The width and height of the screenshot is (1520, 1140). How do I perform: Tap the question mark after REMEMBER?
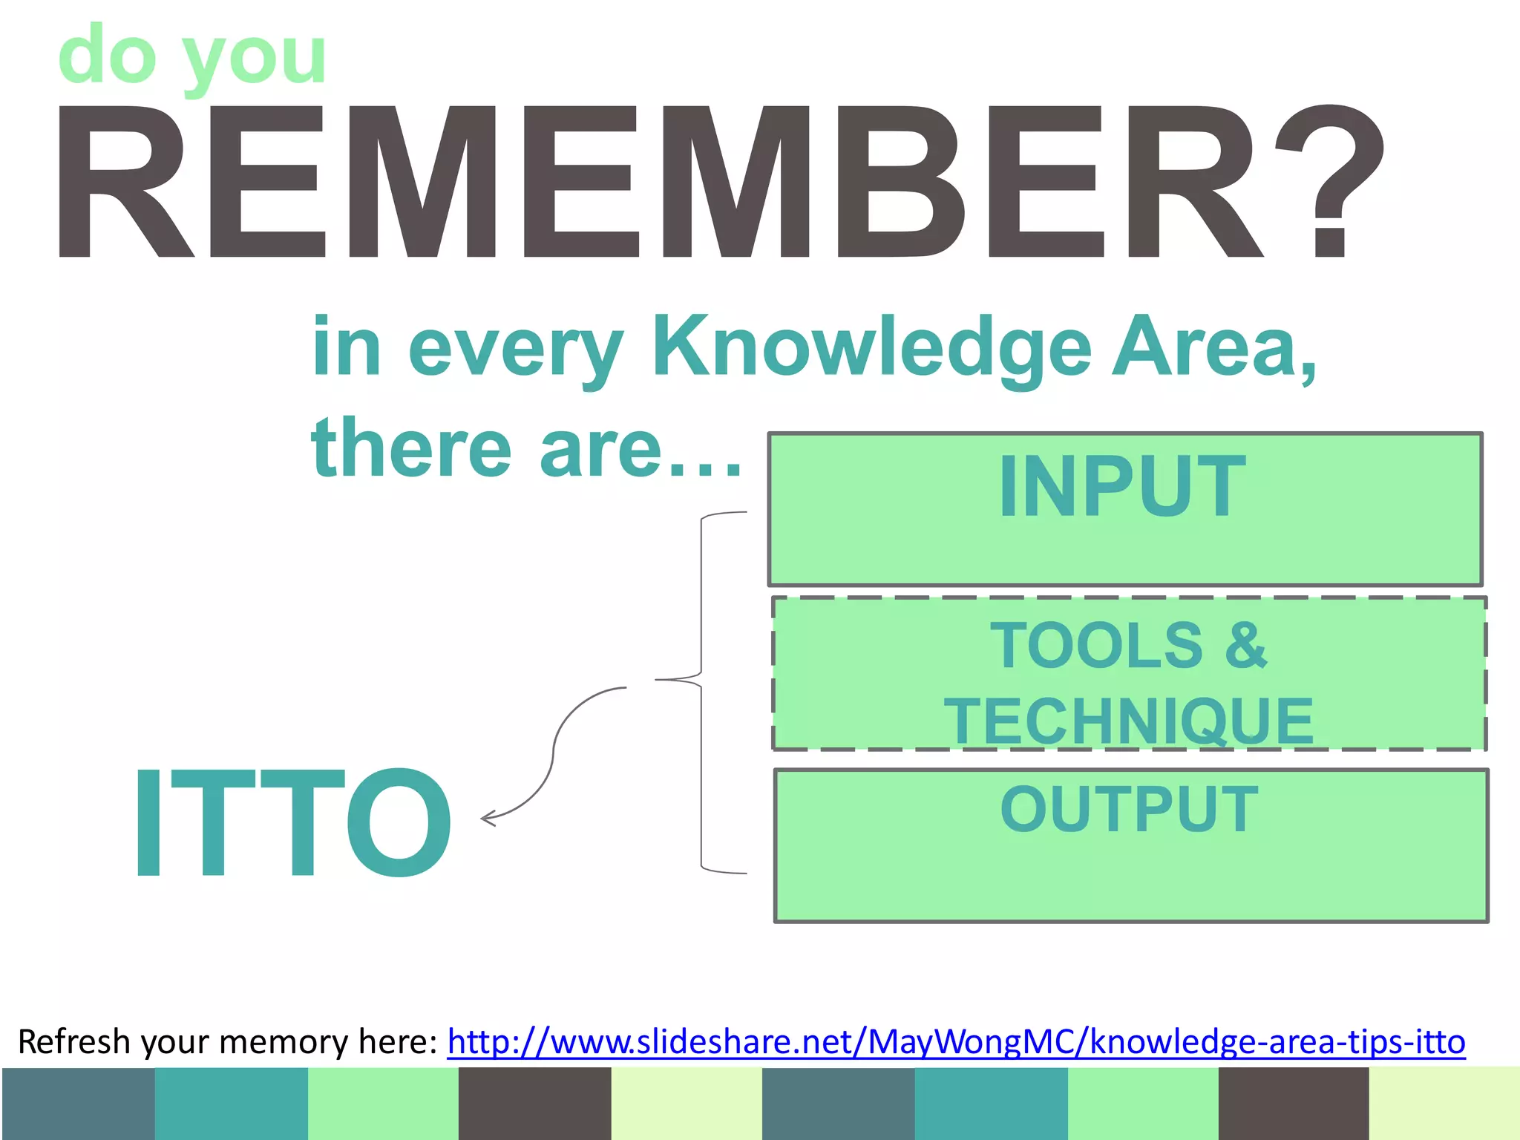pyautogui.click(x=1329, y=182)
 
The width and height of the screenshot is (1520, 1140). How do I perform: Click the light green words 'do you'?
pyautogui.click(x=193, y=56)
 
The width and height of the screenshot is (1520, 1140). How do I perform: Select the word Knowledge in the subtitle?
pyautogui.click(x=872, y=347)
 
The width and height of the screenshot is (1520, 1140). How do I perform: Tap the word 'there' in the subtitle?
pyautogui.click(x=412, y=449)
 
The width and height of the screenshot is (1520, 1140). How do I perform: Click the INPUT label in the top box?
pyautogui.click(x=1122, y=487)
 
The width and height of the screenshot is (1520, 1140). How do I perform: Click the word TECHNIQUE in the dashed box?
pyautogui.click(x=1128, y=721)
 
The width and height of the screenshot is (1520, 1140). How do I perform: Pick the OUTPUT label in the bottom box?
pyautogui.click(x=1129, y=809)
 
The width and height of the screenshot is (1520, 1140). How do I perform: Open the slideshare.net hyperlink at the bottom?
pyautogui.click(x=956, y=1042)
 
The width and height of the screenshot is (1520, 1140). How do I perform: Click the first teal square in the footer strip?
pyautogui.click(x=231, y=1103)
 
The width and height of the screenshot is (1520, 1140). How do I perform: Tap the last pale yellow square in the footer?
pyautogui.click(x=1444, y=1103)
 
